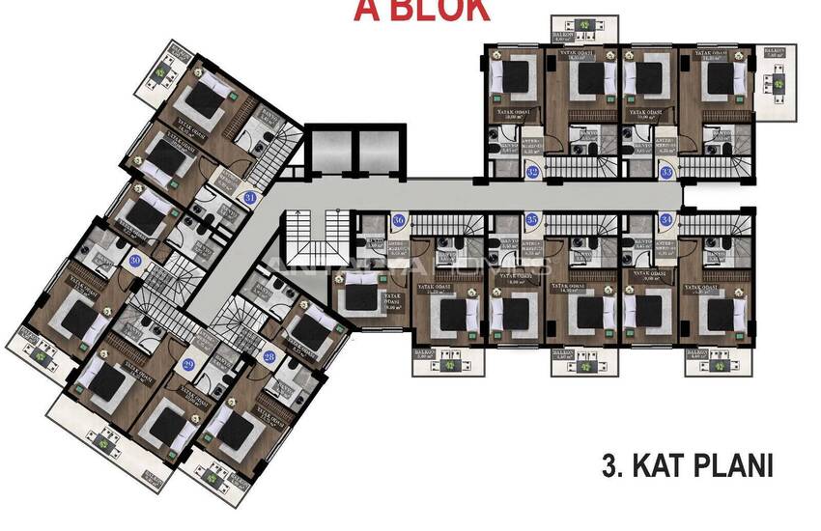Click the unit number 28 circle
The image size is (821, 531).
pyautogui.click(x=269, y=357)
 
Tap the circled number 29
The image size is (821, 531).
pyautogui.click(x=188, y=363)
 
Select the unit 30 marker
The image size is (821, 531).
pyautogui.click(x=135, y=261)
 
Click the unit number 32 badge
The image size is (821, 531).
pyautogui.click(x=533, y=172)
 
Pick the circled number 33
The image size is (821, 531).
pyautogui.click(x=666, y=172)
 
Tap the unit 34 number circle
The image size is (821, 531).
pyautogui.click(x=666, y=220)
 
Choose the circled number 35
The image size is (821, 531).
pyautogui.click(x=532, y=220)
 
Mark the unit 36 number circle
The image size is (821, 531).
pyautogui.click(x=399, y=220)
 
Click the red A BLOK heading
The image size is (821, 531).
pyautogui.click(x=421, y=10)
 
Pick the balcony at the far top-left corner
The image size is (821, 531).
pyautogui.click(x=174, y=68)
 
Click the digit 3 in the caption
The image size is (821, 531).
pyautogui.click(x=609, y=467)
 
